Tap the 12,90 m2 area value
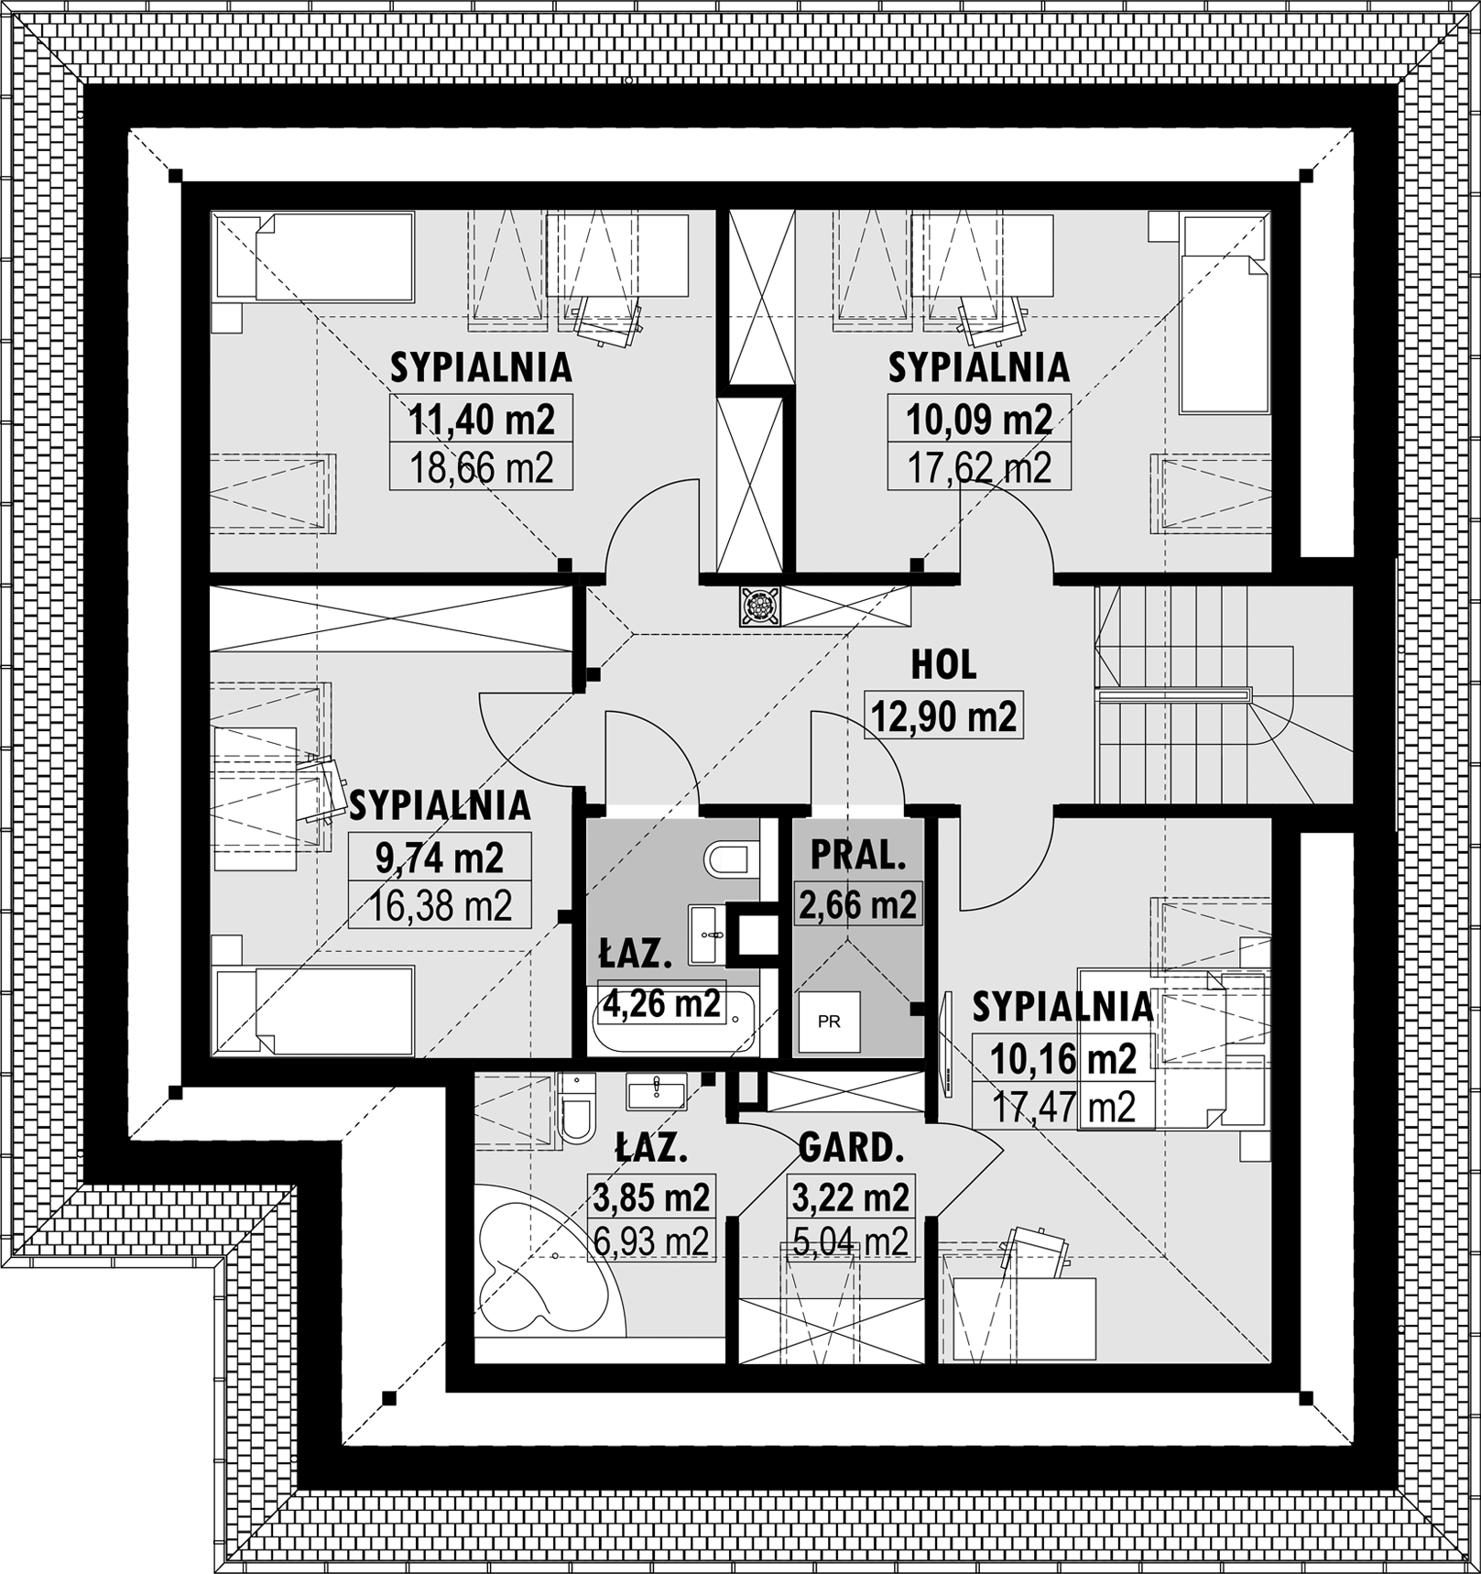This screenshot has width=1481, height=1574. click(943, 716)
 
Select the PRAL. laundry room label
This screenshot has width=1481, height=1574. click(858, 855)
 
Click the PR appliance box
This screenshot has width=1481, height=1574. click(829, 1022)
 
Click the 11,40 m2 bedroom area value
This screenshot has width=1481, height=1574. click(481, 420)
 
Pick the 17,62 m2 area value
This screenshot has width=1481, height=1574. click(979, 468)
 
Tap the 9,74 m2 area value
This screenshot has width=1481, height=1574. click(440, 858)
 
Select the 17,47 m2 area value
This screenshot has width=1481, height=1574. click(1063, 1108)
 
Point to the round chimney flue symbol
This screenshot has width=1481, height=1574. click(760, 606)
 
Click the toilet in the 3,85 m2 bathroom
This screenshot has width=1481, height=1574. click(577, 1109)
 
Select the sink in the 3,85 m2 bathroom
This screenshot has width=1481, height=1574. click(657, 1091)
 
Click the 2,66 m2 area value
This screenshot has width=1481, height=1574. click(858, 905)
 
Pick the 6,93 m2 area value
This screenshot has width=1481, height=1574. click(650, 1242)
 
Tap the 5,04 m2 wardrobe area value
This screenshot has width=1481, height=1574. click(851, 1242)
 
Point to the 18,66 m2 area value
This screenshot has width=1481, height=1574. click(481, 468)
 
